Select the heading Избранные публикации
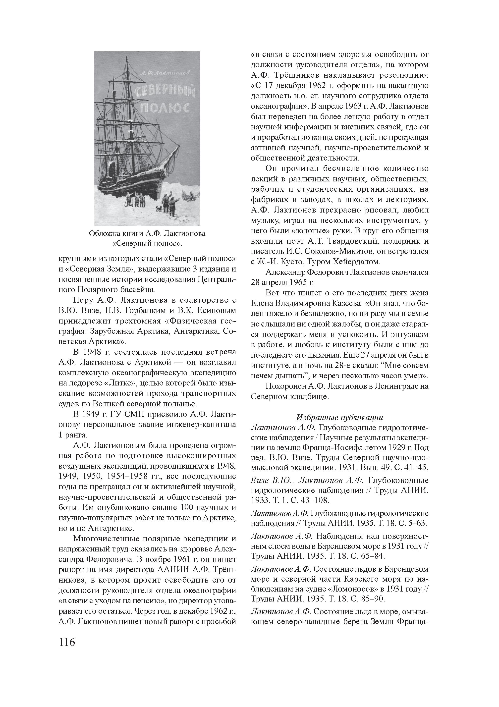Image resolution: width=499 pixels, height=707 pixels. click(339, 418)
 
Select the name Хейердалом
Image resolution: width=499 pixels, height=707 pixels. click(356, 262)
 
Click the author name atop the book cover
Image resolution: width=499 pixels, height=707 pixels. click(165, 73)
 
